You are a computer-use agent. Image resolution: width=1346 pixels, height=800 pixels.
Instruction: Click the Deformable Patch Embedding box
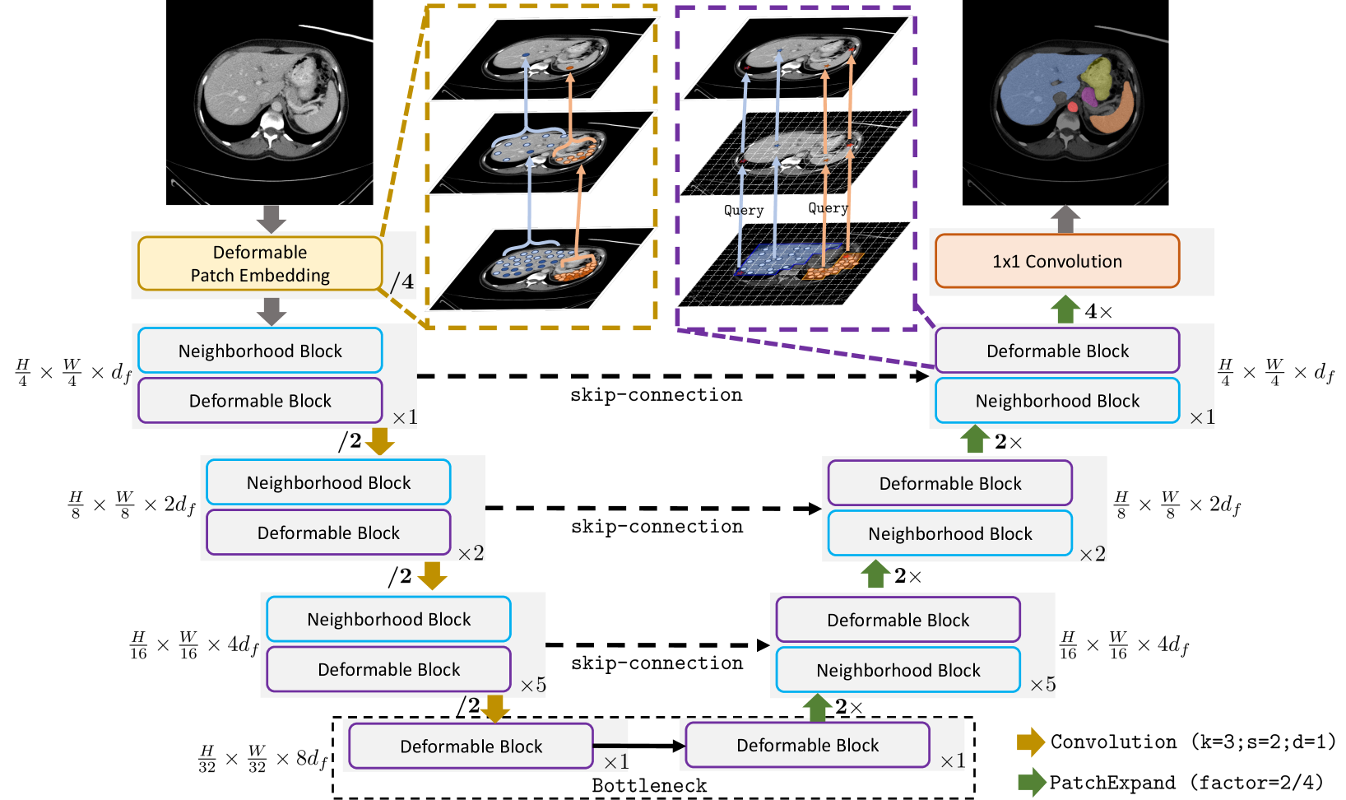[x=260, y=263]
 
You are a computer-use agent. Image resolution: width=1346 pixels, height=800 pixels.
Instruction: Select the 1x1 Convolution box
[x=1057, y=261]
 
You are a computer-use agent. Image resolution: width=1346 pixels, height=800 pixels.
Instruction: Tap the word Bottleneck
[x=649, y=786]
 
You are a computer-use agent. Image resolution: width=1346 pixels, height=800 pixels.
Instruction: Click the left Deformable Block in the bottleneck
[x=471, y=747]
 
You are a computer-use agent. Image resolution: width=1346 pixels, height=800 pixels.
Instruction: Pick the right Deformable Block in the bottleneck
[x=807, y=746]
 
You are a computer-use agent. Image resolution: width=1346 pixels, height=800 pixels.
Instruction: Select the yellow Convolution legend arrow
[x=1030, y=742]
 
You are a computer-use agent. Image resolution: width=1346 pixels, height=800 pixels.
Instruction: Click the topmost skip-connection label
[x=656, y=395]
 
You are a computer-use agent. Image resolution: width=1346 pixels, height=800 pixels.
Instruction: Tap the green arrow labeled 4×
[x=1065, y=309]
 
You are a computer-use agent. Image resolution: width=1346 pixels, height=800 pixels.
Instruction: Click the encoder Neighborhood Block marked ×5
[x=388, y=620]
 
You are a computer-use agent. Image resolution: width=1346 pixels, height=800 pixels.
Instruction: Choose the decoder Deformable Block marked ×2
[x=949, y=483]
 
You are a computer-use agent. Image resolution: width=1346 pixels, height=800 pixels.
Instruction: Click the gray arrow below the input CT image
[x=271, y=219]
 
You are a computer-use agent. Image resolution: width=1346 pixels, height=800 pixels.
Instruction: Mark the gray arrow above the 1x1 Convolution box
[x=1065, y=218]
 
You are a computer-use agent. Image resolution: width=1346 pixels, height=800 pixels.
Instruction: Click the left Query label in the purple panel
[x=744, y=211]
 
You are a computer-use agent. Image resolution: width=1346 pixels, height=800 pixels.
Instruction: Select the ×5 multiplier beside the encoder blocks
[x=533, y=685]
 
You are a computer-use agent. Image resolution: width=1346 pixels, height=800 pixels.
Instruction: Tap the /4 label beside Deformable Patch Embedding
[x=401, y=282]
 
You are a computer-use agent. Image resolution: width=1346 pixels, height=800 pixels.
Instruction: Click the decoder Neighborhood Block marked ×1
[x=1057, y=401]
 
